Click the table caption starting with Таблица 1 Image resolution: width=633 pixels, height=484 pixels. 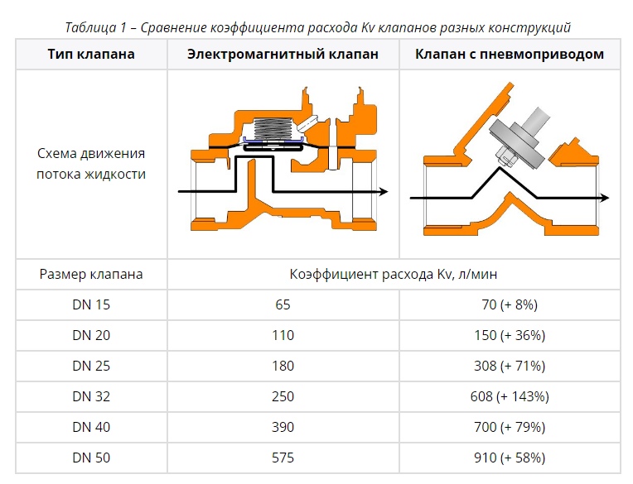[x=317, y=27]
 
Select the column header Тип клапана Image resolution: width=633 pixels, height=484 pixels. [x=91, y=54]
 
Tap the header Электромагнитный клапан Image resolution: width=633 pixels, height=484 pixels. [x=283, y=54]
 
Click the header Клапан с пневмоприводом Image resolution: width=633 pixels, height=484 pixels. [x=510, y=54]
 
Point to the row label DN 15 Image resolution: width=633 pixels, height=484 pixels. [x=91, y=304]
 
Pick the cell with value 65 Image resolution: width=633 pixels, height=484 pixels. [x=283, y=304]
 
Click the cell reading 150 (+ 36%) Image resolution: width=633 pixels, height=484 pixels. [x=510, y=335]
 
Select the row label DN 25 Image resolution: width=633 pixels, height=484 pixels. [x=91, y=366]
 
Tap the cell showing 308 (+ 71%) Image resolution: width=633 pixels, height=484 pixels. [x=510, y=366]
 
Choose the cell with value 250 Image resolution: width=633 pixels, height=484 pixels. [x=283, y=396]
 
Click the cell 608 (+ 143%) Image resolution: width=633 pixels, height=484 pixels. [x=510, y=396]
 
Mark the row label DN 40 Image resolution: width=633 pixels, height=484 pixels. [x=91, y=427]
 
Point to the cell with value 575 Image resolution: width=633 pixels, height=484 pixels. [x=283, y=458]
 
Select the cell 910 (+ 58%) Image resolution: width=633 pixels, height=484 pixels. [x=510, y=458]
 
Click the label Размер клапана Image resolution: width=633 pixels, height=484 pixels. [x=91, y=274]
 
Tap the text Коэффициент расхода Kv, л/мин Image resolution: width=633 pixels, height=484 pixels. [x=394, y=274]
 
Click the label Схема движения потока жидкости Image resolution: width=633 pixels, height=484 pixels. [x=91, y=164]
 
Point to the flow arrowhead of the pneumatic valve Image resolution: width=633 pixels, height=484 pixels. [x=604, y=198]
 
